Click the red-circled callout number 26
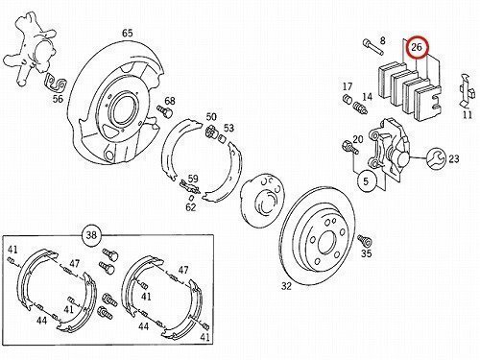pos(417,47)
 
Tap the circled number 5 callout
pos(366,181)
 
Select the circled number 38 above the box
pos(91,235)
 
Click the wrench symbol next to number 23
pos(436,157)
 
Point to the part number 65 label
pos(127,33)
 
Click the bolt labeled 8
pos(373,47)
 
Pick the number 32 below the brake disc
pos(287,286)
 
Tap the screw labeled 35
pos(365,239)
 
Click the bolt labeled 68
pos(164,111)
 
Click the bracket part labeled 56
pos(56,83)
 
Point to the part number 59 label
pos(193,179)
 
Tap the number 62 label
pos(191,207)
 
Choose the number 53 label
pos(228,128)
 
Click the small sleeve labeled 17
pos(348,99)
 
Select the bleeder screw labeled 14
pos(360,108)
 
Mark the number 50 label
pos(211,117)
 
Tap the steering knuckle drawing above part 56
pos(32,48)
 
